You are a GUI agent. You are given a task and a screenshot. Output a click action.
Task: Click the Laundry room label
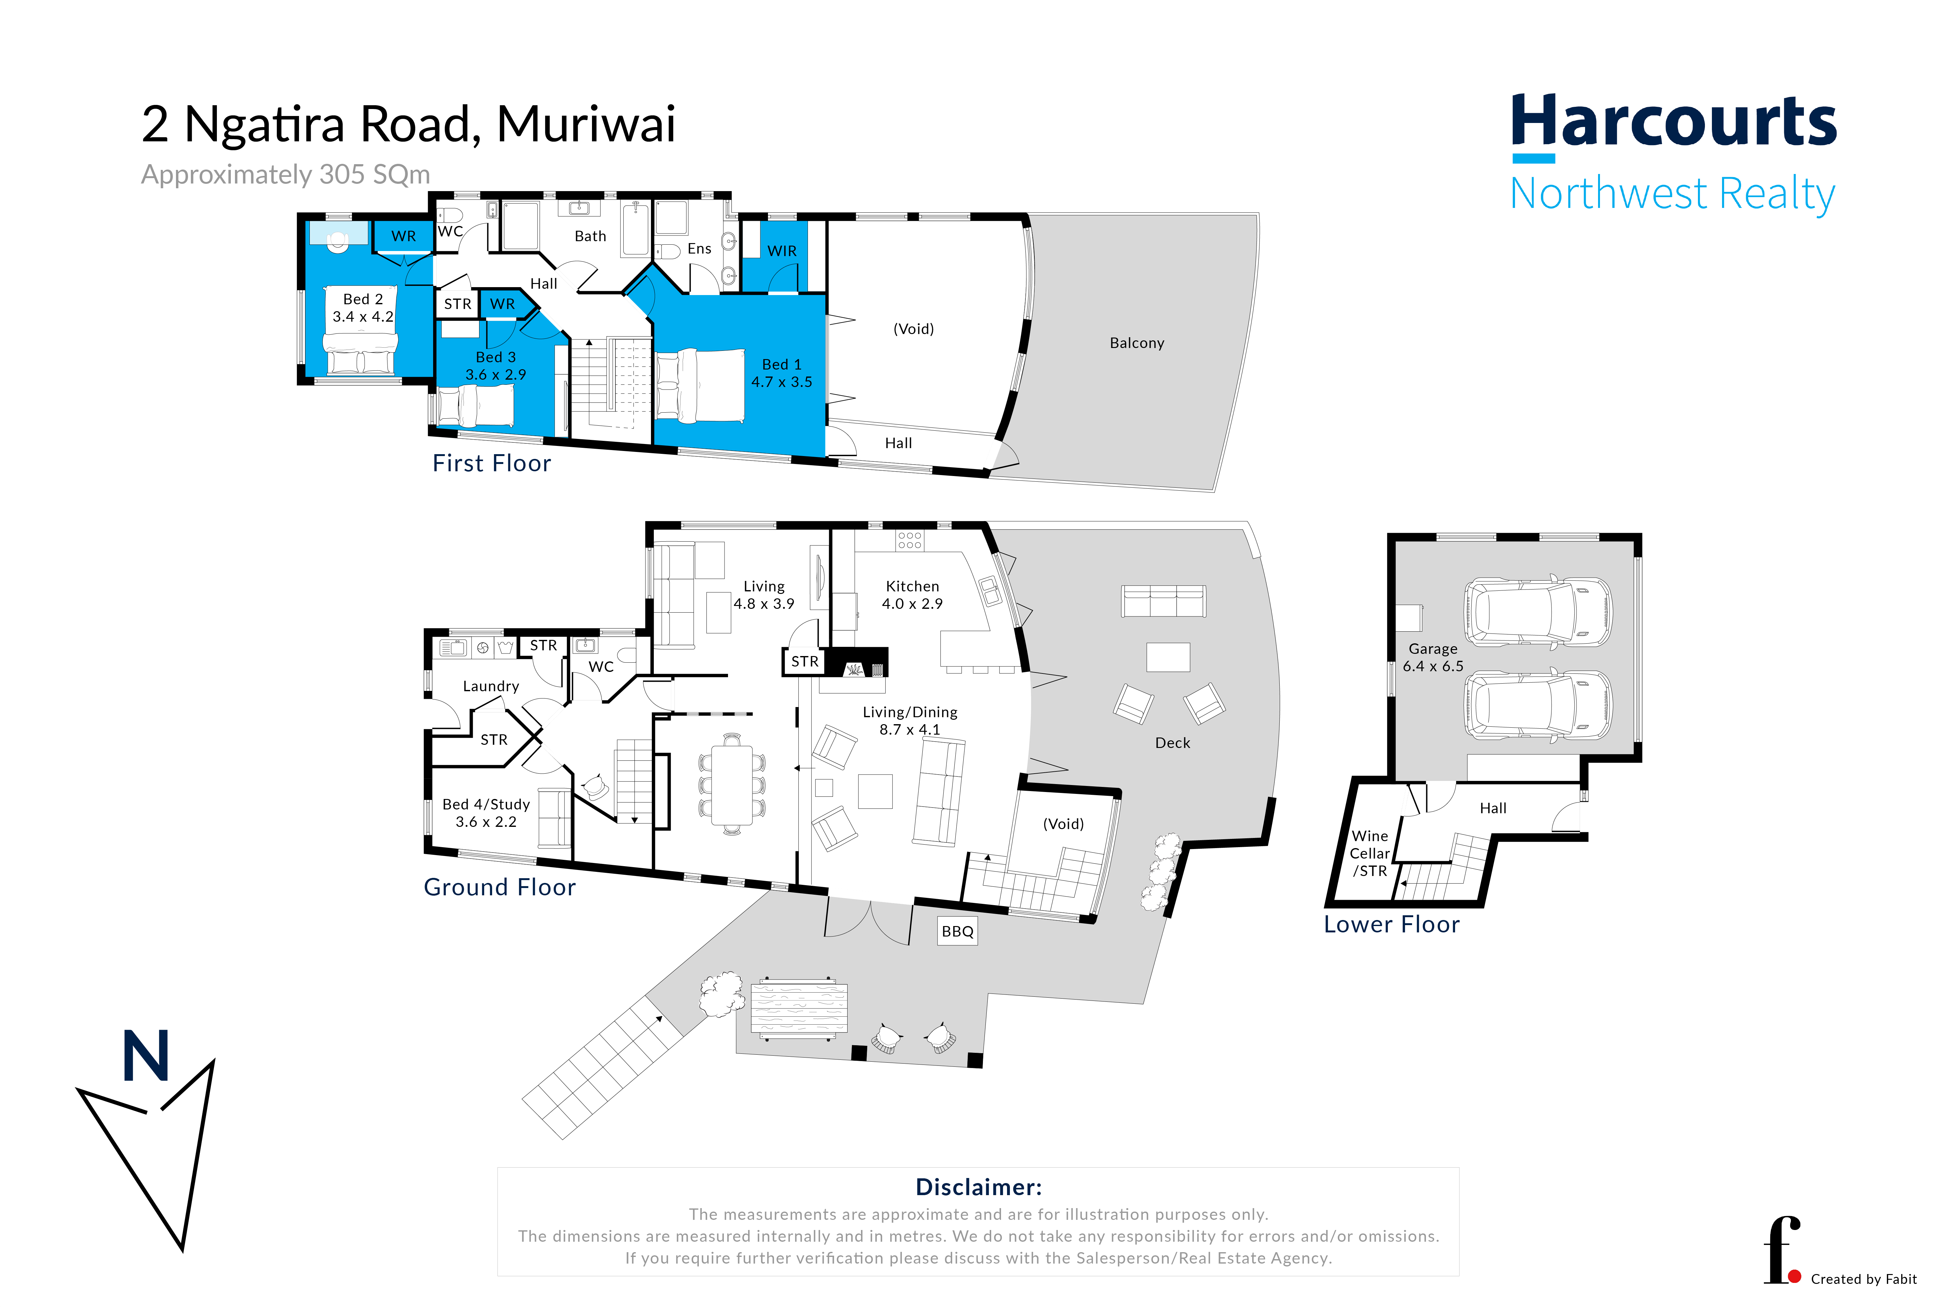(491, 686)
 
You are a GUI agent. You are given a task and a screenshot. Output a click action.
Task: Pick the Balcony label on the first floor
(1136, 343)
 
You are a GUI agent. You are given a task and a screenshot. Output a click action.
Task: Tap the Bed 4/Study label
(486, 813)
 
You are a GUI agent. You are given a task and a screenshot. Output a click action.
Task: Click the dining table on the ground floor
(731, 783)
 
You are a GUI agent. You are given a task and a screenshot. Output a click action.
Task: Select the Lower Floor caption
(1392, 924)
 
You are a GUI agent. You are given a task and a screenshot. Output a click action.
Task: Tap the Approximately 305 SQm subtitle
(286, 174)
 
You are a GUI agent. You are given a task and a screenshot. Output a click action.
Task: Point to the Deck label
(1172, 743)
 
